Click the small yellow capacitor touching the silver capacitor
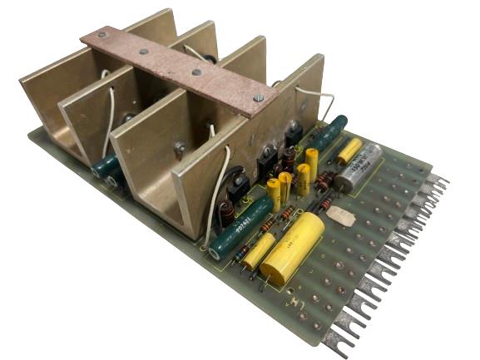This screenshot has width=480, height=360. point(349,150)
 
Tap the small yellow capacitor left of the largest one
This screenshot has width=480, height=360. point(259,250)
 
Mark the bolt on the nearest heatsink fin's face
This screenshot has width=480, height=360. point(180,148)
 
